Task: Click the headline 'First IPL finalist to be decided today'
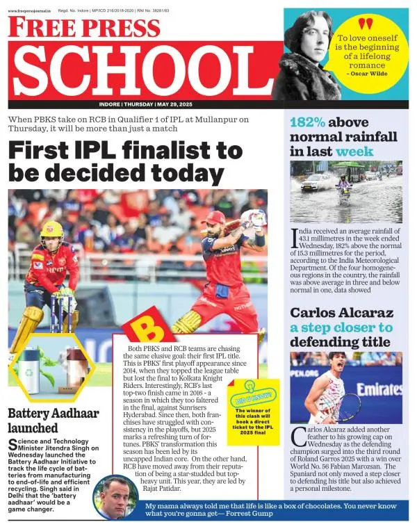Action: pyautogui.click(x=125, y=161)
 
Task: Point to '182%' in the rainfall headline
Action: pyautogui.click(x=306, y=122)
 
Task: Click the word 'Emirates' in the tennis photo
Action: pyautogui.click(x=379, y=389)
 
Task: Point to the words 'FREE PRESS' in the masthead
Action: pyautogui.click(x=83, y=28)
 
